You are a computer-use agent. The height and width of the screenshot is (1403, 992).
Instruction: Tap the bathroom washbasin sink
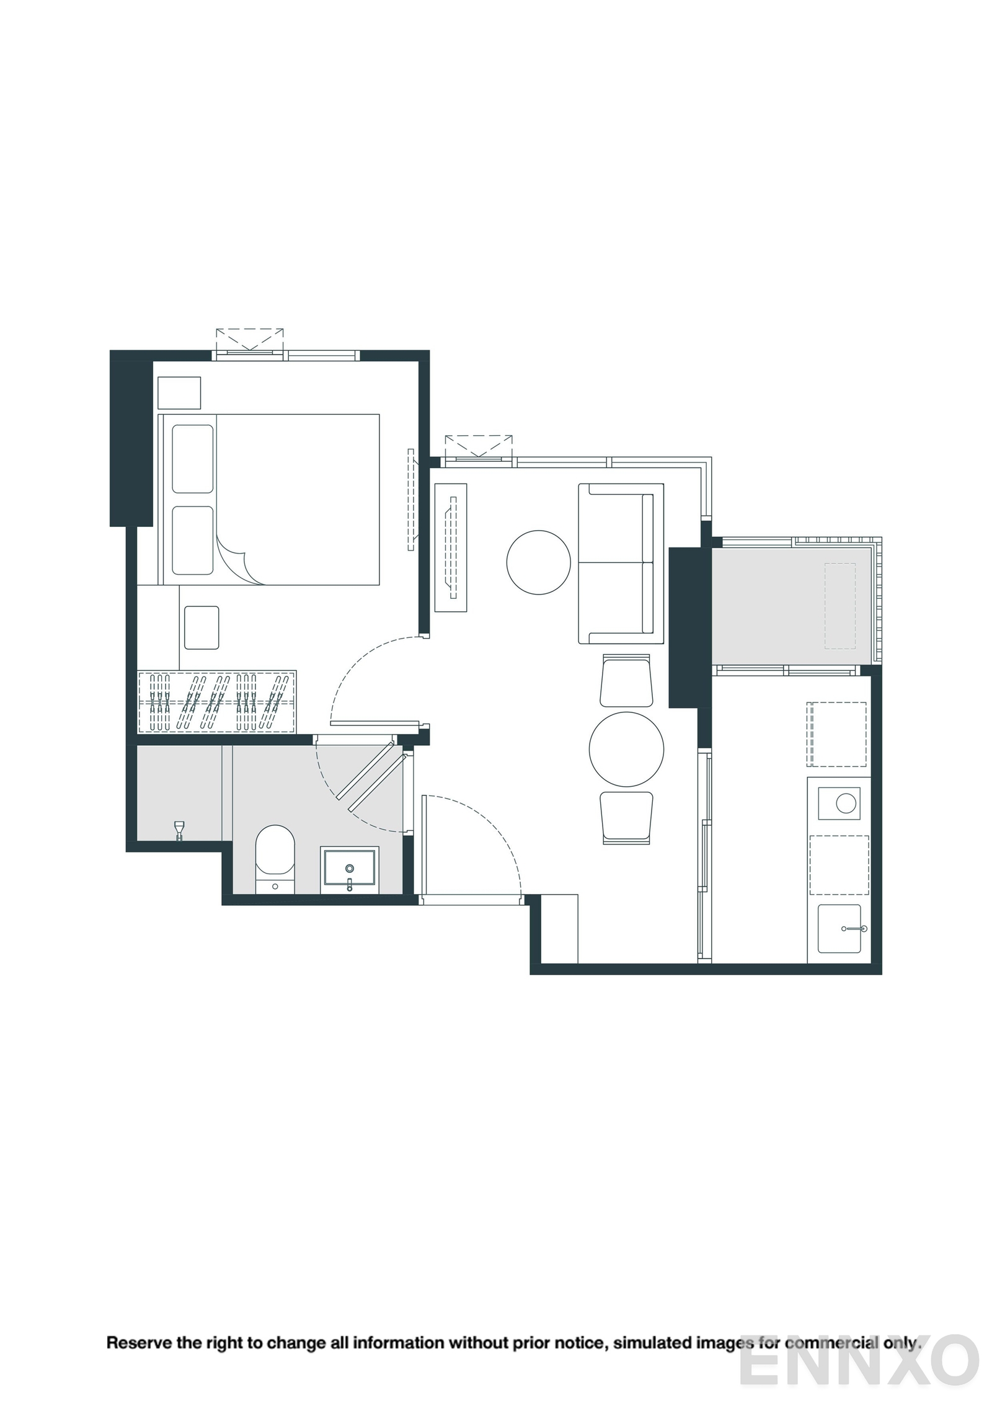tap(350, 869)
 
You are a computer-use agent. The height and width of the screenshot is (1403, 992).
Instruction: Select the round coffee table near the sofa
tap(538, 562)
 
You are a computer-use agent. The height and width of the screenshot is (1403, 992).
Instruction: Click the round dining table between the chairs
tap(626, 749)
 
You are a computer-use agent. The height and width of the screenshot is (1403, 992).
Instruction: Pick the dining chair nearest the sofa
tap(626, 681)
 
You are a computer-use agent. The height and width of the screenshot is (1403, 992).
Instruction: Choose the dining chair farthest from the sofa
tap(626, 818)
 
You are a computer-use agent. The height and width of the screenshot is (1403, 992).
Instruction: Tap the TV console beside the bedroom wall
tap(451, 547)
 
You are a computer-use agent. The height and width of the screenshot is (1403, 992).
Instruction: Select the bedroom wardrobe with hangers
tap(216, 701)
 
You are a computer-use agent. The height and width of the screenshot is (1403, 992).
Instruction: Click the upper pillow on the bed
tap(193, 459)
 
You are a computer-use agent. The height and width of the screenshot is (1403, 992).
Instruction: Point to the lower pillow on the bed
tap(193, 540)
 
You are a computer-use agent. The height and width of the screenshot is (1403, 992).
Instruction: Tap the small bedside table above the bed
tap(179, 392)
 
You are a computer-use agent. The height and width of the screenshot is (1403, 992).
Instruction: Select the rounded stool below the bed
tap(201, 627)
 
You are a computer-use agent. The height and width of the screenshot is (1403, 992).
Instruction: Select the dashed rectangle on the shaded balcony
tap(839, 606)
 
